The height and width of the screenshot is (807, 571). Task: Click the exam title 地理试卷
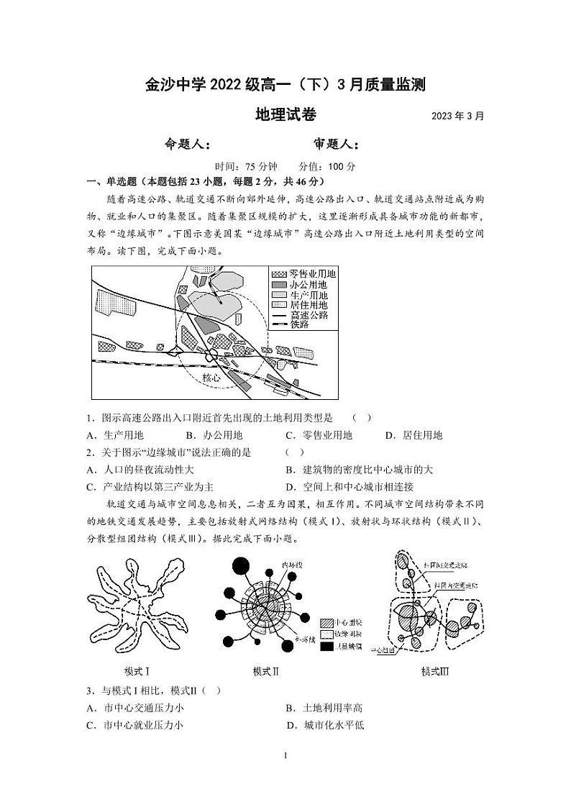point(285,114)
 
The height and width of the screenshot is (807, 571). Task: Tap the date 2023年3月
point(457,116)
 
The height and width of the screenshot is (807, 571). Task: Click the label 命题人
point(188,144)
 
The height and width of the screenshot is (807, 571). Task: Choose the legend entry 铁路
point(295,325)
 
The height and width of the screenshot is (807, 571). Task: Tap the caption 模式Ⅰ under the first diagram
point(137,671)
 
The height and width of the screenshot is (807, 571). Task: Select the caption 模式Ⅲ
point(434,671)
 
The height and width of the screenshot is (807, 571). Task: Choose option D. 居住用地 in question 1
point(414,435)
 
